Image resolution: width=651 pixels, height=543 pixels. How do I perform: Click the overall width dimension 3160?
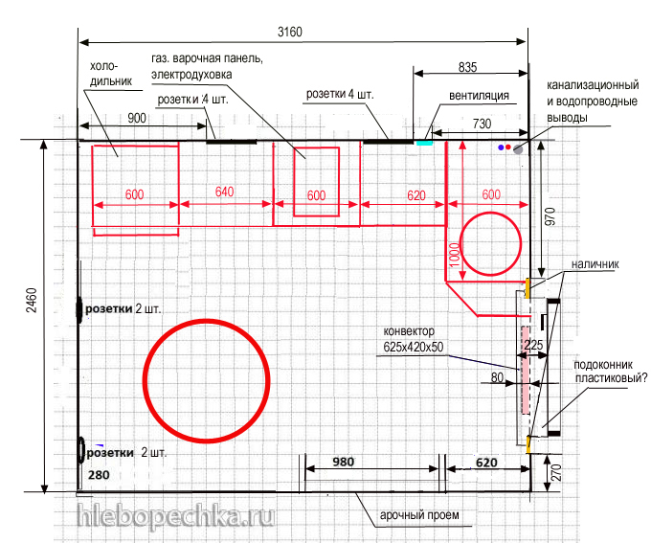coord(290,32)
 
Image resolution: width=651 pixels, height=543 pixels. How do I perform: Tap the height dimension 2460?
coord(32,301)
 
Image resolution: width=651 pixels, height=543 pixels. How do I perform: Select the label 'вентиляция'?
coord(479,96)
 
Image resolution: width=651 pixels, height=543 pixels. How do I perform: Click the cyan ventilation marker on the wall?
coord(424,143)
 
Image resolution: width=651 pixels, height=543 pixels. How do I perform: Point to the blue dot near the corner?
coord(501,147)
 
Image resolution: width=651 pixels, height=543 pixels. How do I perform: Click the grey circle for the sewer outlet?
coord(518,149)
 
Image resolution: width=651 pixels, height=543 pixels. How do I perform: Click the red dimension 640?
coord(224,192)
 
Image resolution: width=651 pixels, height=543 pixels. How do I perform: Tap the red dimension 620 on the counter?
coord(416,195)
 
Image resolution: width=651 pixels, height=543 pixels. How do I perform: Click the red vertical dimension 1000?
coord(455,255)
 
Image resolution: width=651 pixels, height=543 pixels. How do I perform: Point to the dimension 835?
coord(467,67)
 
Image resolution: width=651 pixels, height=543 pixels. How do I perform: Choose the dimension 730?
coord(482,124)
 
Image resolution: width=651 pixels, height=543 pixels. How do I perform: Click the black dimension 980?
coord(343,462)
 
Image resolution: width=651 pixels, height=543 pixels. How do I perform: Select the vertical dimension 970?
coord(550,216)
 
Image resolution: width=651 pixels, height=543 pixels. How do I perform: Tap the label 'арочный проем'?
coord(419,515)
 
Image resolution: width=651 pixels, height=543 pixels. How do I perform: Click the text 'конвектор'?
coord(409,331)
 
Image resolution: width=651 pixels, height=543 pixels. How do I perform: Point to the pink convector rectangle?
coord(526,370)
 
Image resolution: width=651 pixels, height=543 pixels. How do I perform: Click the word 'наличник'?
coord(595,264)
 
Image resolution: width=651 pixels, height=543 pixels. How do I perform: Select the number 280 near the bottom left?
coord(99,475)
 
